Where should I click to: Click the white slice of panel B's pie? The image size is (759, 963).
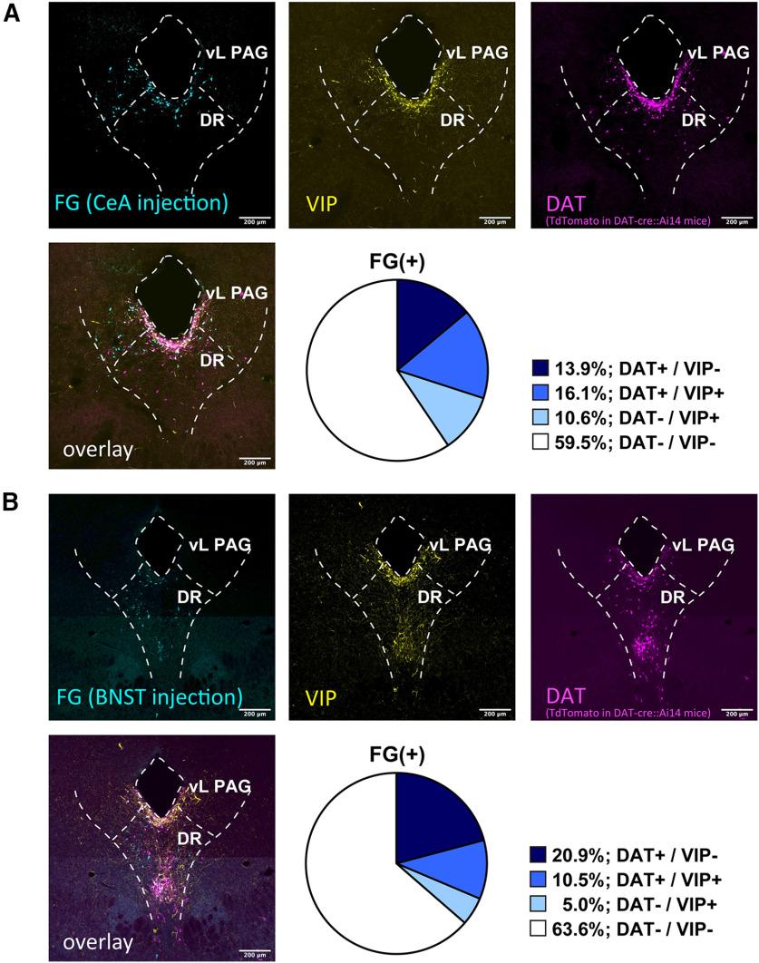point(354,861)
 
